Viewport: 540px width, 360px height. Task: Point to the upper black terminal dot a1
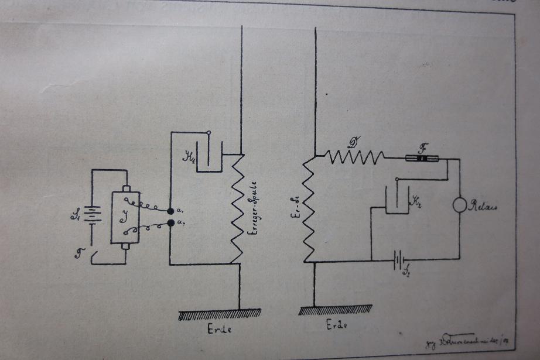170,211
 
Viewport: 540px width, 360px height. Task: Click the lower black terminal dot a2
170,222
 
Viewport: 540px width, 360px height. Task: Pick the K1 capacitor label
188,156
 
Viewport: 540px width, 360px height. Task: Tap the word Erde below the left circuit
220,329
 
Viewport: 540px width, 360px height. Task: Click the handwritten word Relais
483,207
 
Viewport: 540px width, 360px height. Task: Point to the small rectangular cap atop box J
127,188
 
